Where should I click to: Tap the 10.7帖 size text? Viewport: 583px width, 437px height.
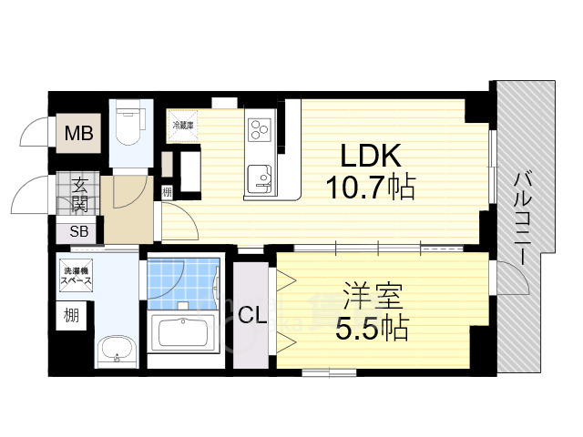[371, 188]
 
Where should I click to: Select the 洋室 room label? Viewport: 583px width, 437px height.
[369, 297]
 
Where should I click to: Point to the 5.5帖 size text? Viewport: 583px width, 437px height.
[370, 327]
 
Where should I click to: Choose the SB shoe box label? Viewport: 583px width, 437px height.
[79, 231]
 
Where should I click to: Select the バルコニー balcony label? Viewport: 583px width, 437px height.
[525, 218]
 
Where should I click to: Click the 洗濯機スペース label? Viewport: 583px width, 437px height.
[78, 278]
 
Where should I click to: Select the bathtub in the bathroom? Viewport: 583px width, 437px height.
[183, 332]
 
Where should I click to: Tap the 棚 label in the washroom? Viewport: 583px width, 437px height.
[71, 316]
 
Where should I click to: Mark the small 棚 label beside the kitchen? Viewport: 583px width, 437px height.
[167, 192]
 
